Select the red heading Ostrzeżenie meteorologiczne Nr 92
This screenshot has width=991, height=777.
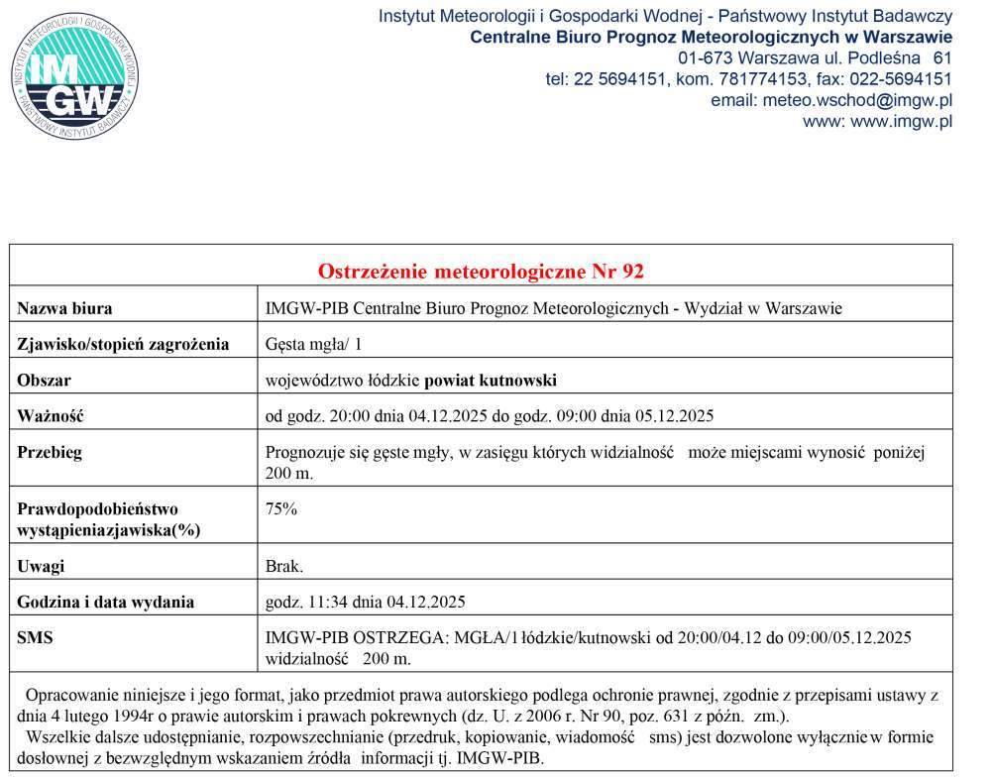tap(481, 272)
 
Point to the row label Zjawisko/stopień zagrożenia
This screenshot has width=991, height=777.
tap(123, 345)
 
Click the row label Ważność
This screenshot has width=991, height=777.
tap(51, 416)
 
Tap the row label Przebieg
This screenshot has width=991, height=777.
tap(50, 453)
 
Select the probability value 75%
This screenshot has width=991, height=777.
tap(281, 509)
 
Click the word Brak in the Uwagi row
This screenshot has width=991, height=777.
tap(283, 566)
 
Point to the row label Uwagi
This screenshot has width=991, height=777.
tap(41, 566)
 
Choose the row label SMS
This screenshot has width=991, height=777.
tap(35, 638)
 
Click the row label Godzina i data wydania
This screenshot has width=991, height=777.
tap(106, 602)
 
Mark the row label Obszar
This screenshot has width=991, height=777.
tap(45, 381)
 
